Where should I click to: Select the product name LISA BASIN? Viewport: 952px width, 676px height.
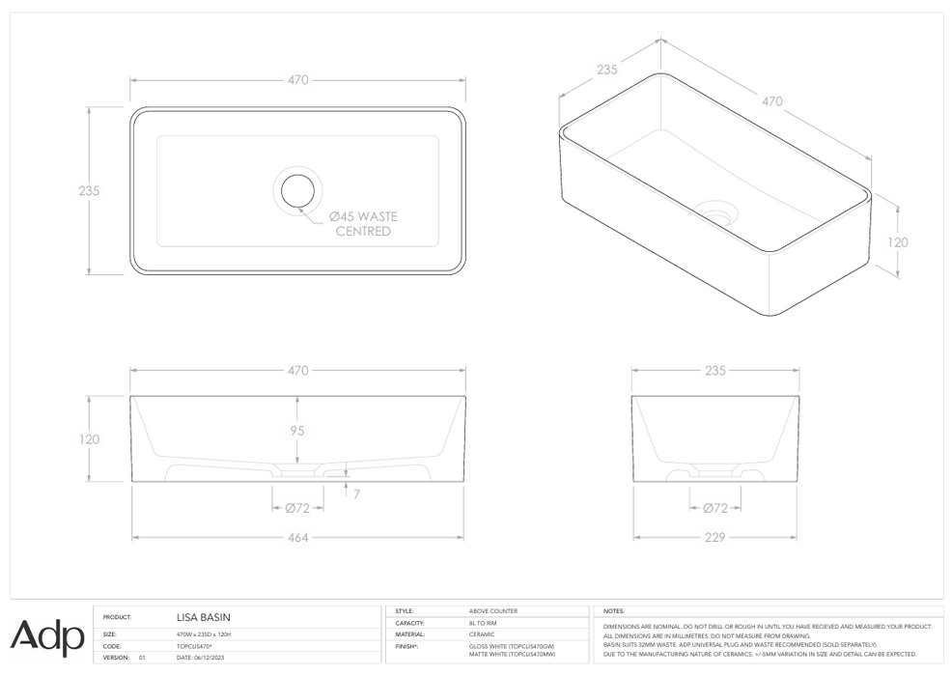(x=204, y=616)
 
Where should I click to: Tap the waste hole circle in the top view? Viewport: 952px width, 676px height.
(x=298, y=190)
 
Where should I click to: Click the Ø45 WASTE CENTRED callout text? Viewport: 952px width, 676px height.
(x=362, y=224)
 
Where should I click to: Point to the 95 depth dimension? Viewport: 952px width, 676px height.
(x=298, y=431)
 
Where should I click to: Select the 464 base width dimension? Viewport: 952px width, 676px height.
(x=298, y=537)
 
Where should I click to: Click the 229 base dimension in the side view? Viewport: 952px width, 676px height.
(x=715, y=537)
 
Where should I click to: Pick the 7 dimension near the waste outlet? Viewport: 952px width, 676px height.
(x=356, y=493)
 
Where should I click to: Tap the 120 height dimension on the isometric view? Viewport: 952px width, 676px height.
(x=898, y=242)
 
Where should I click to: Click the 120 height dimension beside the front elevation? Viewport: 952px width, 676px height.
(x=89, y=439)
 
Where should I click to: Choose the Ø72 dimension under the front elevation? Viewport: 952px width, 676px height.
(x=297, y=508)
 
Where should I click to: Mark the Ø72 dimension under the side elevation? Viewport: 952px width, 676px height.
(x=715, y=508)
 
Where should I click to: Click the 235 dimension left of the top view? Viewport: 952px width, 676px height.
(x=89, y=190)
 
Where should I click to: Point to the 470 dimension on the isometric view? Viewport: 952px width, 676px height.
(x=772, y=100)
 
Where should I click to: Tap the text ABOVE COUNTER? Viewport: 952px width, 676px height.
(x=492, y=611)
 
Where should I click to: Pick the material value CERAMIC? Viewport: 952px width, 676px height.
(x=482, y=634)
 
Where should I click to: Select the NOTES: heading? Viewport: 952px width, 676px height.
(x=613, y=611)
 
